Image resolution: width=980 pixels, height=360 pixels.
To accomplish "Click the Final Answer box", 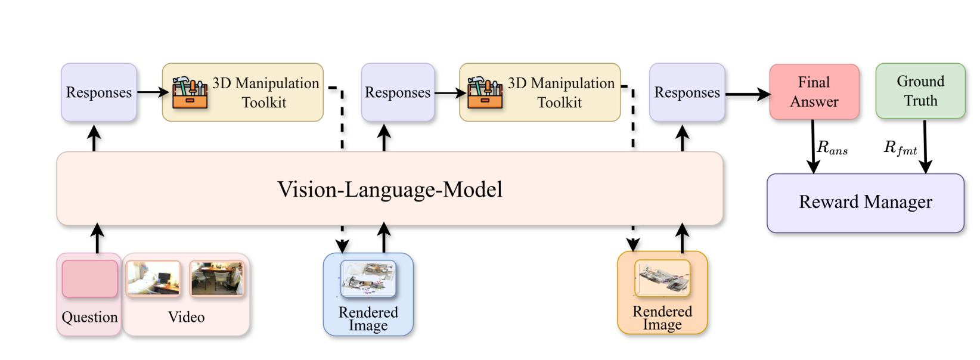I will pyautogui.click(x=814, y=92).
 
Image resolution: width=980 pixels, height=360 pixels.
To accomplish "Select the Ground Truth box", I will pyautogui.click(x=920, y=91).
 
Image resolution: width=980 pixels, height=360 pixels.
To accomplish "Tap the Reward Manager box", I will pyautogui.click(x=865, y=203).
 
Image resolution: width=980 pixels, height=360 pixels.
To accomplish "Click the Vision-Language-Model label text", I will pyautogui.click(x=390, y=190).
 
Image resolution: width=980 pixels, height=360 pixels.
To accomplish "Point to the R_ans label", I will pyautogui.click(x=832, y=148).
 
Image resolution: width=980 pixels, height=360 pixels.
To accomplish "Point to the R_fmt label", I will pyautogui.click(x=900, y=148).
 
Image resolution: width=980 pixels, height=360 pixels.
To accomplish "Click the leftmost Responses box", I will pyautogui.click(x=99, y=92).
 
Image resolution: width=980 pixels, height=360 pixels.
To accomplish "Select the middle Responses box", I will pyautogui.click(x=398, y=92).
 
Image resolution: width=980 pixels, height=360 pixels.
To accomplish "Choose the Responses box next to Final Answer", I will pyautogui.click(x=687, y=92).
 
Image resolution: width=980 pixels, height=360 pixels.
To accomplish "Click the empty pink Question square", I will pyautogui.click(x=89, y=278).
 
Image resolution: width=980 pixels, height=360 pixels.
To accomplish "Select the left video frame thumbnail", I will pyautogui.click(x=153, y=278).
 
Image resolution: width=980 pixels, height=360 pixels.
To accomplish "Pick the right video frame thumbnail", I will pyautogui.click(x=217, y=278).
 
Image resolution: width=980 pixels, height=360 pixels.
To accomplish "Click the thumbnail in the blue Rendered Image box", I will pyautogui.click(x=368, y=278).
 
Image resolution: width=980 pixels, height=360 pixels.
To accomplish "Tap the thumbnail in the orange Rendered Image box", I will pyautogui.click(x=662, y=278).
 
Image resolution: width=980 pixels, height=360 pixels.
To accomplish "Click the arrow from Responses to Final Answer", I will pyautogui.click(x=748, y=94).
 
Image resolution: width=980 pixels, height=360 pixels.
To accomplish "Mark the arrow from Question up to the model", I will pyautogui.click(x=98, y=238).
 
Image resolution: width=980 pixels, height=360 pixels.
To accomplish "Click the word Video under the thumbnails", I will pyautogui.click(x=186, y=317).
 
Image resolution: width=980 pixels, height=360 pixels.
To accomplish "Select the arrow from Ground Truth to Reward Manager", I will pyautogui.click(x=925, y=147).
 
